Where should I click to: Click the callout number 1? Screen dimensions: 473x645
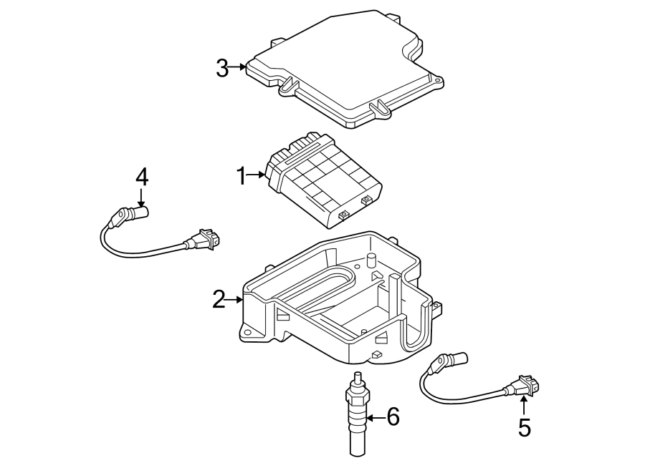242,175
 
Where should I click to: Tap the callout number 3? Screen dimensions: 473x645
222,69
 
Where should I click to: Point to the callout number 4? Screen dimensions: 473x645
141,176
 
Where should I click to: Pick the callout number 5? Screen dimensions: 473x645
525,428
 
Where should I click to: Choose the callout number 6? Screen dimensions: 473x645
393,416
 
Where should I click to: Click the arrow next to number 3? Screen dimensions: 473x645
239,68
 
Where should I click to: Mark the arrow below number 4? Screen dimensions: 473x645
141,198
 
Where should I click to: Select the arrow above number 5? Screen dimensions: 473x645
524,404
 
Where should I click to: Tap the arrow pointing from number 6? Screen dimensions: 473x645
375,416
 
